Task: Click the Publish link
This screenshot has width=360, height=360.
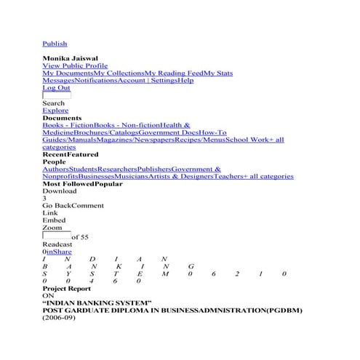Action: click(55, 44)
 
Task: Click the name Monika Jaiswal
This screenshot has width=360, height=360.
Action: click(71, 58)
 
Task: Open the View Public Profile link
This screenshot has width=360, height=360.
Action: click(75, 65)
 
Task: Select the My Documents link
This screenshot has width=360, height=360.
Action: click(68, 73)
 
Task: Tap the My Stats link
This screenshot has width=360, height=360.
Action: click(218, 73)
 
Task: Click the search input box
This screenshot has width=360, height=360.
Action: click(57, 95)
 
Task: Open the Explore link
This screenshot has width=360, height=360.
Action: click(55, 111)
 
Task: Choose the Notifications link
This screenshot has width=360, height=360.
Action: click(96, 81)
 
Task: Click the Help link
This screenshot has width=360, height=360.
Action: click(186, 81)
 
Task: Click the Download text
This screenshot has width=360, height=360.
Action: click(59, 191)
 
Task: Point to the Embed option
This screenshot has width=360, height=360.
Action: click(54, 220)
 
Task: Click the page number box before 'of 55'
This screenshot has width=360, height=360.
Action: click(56, 236)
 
